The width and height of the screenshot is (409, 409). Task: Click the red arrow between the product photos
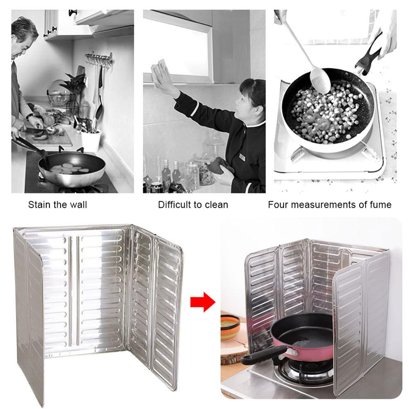click(202, 303)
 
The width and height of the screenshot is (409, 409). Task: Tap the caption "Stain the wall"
click(58, 204)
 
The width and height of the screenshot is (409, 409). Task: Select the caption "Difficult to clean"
click(193, 204)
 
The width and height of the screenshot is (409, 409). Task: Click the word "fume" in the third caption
click(379, 204)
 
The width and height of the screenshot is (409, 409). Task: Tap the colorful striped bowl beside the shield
click(230, 326)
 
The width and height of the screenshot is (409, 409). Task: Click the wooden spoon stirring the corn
click(315, 70)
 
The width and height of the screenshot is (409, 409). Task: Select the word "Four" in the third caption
click(277, 204)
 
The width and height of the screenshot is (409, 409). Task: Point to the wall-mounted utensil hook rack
click(99, 57)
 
